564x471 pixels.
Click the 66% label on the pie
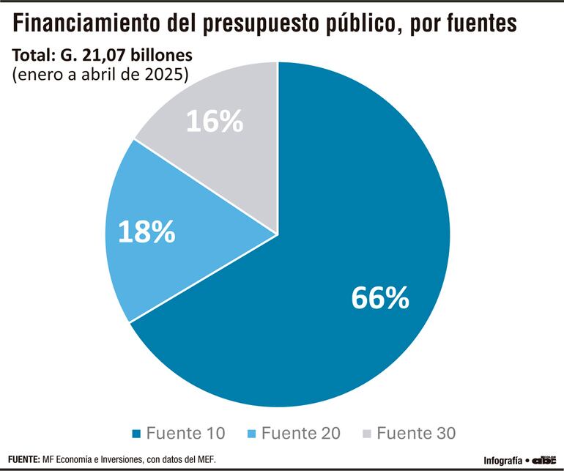click(379, 297)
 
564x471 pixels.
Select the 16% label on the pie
click(214, 122)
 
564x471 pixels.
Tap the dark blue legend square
click(136, 433)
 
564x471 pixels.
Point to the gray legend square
click(367, 433)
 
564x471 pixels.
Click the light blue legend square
click(251, 433)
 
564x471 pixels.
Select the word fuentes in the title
click(475, 26)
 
